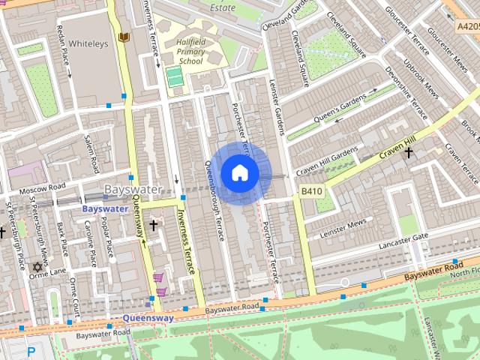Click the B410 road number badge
point(311,191)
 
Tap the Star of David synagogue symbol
point(35,266)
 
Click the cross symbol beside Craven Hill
point(408,154)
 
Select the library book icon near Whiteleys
point(123,37)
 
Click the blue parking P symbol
point(31,351)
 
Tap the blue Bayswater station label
point(104,208)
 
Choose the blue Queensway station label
point(148,317)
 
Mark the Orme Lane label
point(48,274)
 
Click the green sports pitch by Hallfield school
point(174,76)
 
